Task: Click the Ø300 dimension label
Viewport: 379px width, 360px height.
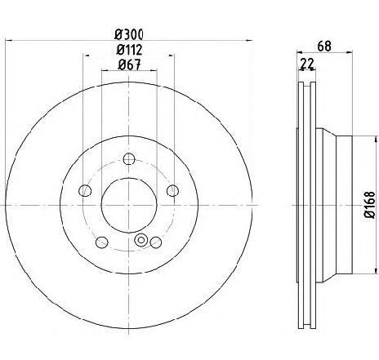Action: point(129,34)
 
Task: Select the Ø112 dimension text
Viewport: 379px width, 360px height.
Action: point(129,50)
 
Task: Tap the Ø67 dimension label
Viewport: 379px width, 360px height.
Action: point(129,64)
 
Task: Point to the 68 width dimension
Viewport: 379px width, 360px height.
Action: point(324,46)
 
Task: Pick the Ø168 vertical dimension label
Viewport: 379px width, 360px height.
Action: point(369,205)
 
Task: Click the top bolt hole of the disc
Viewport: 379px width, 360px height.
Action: point(129,159)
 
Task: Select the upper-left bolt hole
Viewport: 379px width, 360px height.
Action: point(85,190)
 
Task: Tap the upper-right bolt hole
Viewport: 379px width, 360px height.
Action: point(172,190)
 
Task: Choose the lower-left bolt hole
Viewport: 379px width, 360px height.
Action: point(102,242)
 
